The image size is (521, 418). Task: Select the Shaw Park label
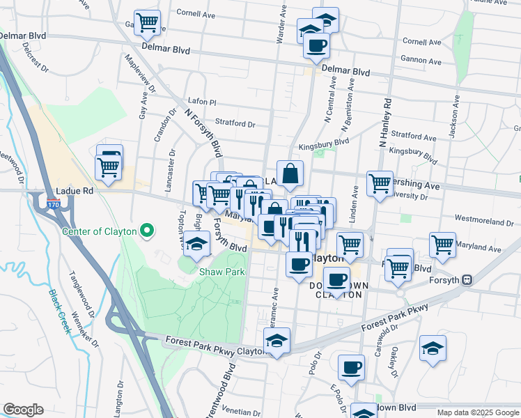point(222,272)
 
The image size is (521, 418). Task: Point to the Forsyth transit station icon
point(467,280)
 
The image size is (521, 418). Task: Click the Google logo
point(23,410)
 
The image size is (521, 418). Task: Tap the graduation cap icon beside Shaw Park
point(197,244)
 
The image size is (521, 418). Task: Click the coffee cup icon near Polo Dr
point(351,367)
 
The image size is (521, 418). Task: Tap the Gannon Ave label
point(421,62)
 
